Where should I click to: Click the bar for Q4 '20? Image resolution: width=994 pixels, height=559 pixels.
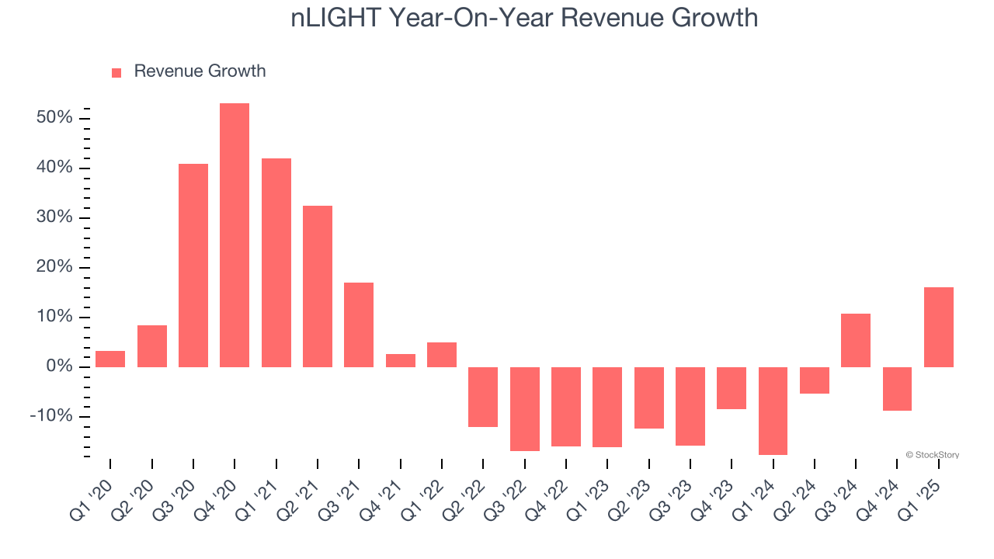[x=235, y=234]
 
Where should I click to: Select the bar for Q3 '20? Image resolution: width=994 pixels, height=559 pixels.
[x=193, y=265]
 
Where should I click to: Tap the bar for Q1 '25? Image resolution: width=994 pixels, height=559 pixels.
[x=939, y=327]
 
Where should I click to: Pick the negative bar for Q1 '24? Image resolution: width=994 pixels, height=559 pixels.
[x=773, y=411]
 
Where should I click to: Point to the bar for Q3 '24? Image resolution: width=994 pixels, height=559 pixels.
[x=856, y=340]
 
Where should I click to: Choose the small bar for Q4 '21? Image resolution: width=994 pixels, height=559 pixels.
[x=401, y=360]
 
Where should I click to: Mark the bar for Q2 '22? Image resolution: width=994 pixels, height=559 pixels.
[x=483, y=397]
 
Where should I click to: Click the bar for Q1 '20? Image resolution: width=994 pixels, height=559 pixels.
[x=110, y=359]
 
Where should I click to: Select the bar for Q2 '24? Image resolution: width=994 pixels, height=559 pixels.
[x=815, y=380]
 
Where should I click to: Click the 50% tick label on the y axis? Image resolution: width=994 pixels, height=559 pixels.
[x=54, y=118]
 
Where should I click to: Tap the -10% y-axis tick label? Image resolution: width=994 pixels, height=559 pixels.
[x=51, y=416]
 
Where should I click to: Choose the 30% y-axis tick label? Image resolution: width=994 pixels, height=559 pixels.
[x=54, y=217]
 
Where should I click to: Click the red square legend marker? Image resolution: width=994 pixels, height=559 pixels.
[x=116, y=72]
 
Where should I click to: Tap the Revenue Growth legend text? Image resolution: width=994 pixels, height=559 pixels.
[x=200, y=71]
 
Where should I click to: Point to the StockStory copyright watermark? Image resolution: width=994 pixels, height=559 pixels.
[x=932, y=455]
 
